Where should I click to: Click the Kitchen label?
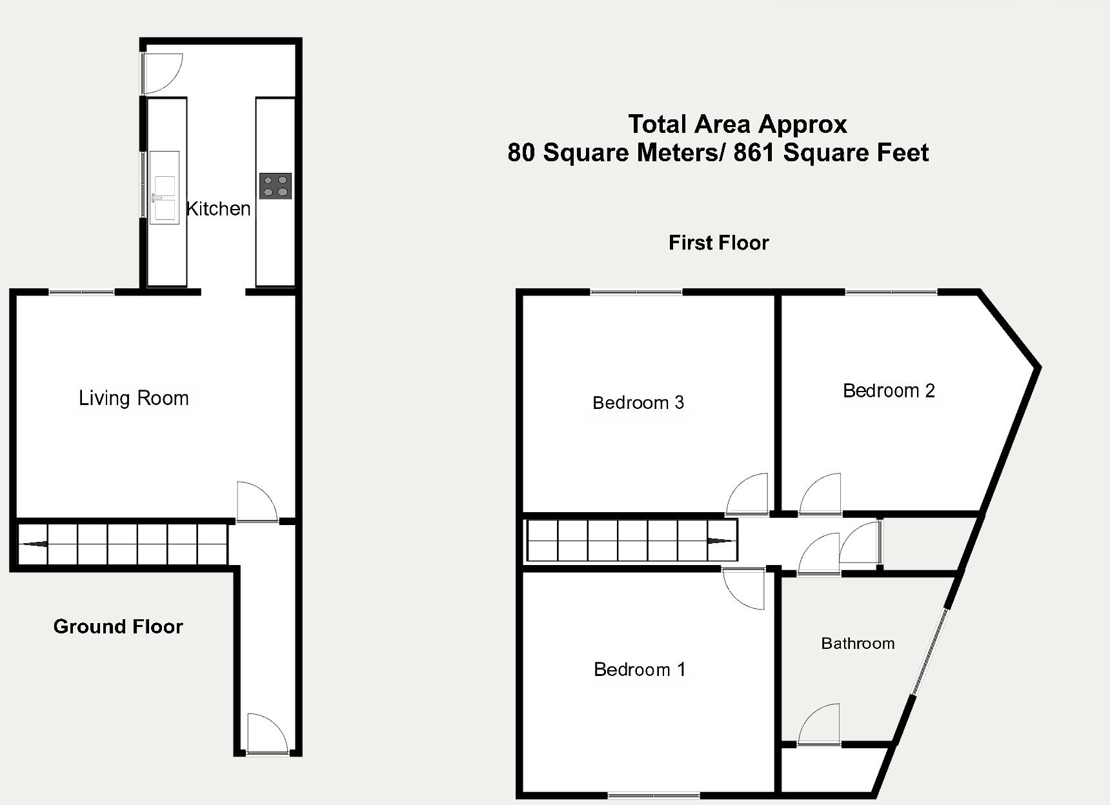click(x=218, y=208)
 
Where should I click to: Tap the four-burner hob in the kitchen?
click(x=276, y=186)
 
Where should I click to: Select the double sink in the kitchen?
click(x=165, y=188)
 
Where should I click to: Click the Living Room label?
click(x=134, y=398)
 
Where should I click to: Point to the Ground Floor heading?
click(x=118, y=626)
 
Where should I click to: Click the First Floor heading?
click(x=718, y=243)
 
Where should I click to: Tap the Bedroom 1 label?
click(x=639, y=670)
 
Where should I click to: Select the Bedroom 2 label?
click(x=889, y=390)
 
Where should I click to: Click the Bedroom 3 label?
click(x=638, y=402)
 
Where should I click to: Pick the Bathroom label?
click(x=858, y=643)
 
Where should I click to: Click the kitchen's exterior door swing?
click(x=161, y=73)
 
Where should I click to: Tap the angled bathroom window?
click(x=930, y=651)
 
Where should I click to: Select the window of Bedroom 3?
click(x=636, y=293)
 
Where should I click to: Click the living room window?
click(x=82, y=293)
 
